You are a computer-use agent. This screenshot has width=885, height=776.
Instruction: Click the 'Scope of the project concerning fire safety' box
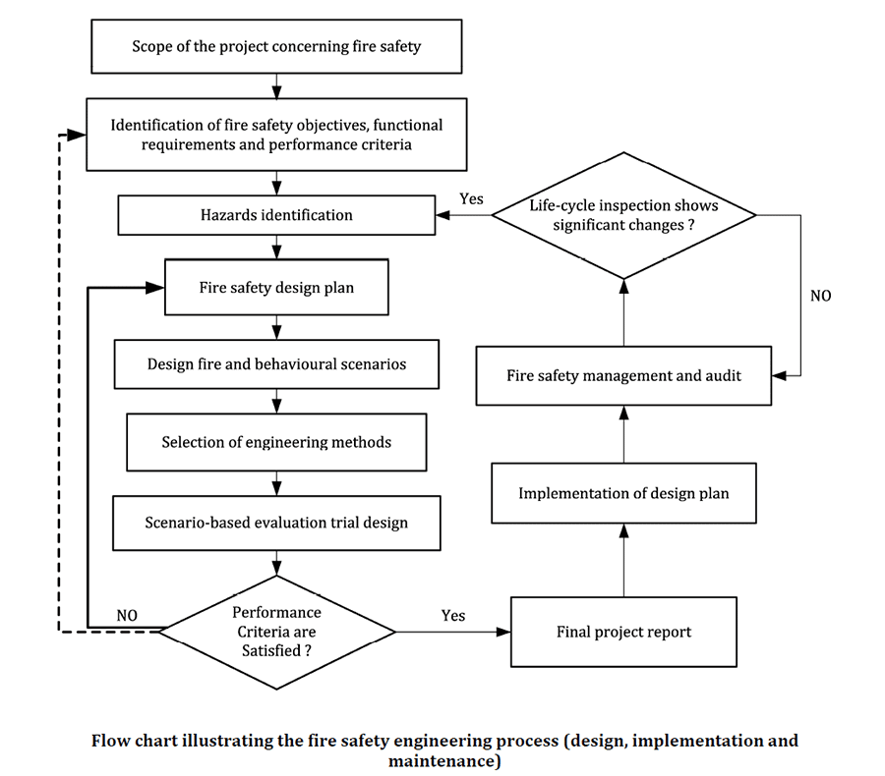(276, 46)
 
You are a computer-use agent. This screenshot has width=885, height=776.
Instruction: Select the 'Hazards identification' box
(276, 215)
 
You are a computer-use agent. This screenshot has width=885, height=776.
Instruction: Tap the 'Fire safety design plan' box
(276, 289)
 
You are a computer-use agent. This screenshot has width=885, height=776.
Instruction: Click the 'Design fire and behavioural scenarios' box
(276, 364)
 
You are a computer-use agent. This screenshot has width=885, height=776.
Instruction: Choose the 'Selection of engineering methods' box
(276, 443)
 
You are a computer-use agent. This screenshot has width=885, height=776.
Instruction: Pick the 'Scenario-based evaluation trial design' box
(276, 522)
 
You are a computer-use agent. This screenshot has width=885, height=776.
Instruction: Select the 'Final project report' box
(623, 632)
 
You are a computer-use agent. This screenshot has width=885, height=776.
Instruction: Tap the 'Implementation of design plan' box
(623, 493)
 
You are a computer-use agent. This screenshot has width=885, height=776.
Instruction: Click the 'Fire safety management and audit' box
(623, 375)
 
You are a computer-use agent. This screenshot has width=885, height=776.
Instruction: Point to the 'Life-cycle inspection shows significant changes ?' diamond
(623, 215)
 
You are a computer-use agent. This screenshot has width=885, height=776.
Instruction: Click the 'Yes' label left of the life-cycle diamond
(471, 199)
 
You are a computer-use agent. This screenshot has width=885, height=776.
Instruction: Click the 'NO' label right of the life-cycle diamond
(820, 295)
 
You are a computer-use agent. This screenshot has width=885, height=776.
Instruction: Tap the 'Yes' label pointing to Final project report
(453, 616)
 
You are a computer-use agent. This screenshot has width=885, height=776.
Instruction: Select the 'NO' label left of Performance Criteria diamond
(127, 616)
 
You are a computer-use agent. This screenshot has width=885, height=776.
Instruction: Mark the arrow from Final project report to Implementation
(623, 560)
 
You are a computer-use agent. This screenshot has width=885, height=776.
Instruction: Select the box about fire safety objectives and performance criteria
(276, 135)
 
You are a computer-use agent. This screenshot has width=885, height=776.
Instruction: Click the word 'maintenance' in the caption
(444, 761)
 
